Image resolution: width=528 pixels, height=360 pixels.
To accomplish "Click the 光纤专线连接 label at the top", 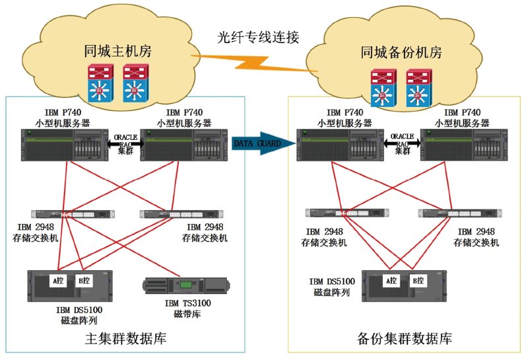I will point(258,38).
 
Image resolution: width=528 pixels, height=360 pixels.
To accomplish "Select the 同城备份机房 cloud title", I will point(401,53).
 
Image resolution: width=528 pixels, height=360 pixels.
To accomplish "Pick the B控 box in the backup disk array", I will point(418,280).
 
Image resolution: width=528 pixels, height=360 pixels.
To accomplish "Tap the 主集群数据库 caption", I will point(125,340).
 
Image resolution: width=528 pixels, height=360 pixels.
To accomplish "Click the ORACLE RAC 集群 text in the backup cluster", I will point(403,143).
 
